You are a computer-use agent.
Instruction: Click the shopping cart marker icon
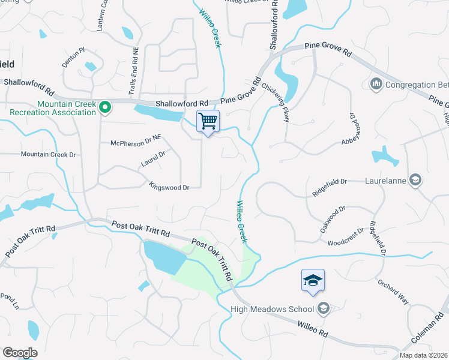pyautogui.click(x=208, y=121)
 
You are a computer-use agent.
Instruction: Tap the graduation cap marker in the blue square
pyautogui.click(x=313, y=280)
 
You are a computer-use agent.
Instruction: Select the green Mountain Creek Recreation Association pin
pyautogui.click(x=105, y=108)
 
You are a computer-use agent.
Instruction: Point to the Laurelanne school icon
pyautogui.click(x=415, y=179)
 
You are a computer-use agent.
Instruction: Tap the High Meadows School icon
pyautogui.click(x=324, y=309)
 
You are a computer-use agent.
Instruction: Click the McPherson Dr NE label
pyautogui.click(x=136, y=143)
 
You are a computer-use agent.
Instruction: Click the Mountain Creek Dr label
pyautogui.click(x=48, y=155)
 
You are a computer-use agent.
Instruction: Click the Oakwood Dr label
pyautogui.click(x=333, y=219)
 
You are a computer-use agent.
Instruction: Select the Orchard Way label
pyautogui.click(x=391, y=290)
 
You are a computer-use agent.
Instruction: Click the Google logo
pyautogui.click(x=20, y=353)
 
